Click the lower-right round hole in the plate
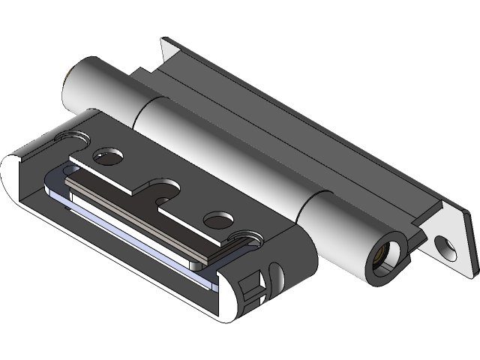[x=218, y=220]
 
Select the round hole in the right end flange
[x=448, y=244]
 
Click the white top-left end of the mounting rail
[x=169, y=49]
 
